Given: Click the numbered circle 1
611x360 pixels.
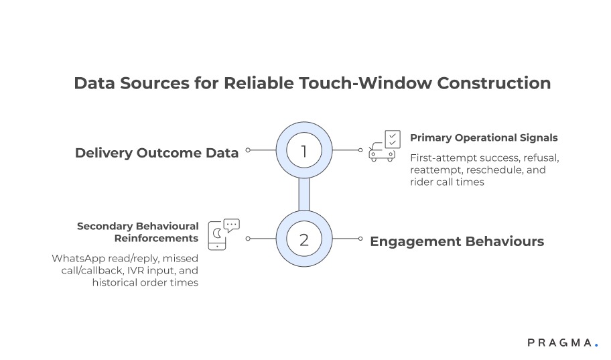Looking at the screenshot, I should tap(304, 151).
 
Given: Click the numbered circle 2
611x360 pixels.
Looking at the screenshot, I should tap(304, 239).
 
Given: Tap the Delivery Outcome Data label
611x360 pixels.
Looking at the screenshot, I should tap(156, 153).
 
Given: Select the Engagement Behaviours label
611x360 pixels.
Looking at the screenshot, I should tap(457, 241).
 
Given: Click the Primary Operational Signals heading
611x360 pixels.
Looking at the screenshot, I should tap(484, 137).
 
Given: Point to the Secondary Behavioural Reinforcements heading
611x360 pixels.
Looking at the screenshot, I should tap(137, 232).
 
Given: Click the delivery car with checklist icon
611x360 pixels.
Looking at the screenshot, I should tap(385, 146).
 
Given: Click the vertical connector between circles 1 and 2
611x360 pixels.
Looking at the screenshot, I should tap(304, 195).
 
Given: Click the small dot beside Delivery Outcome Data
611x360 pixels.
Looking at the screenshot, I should tap(248, 151).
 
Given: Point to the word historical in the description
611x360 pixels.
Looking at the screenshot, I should tap(117, 282).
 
